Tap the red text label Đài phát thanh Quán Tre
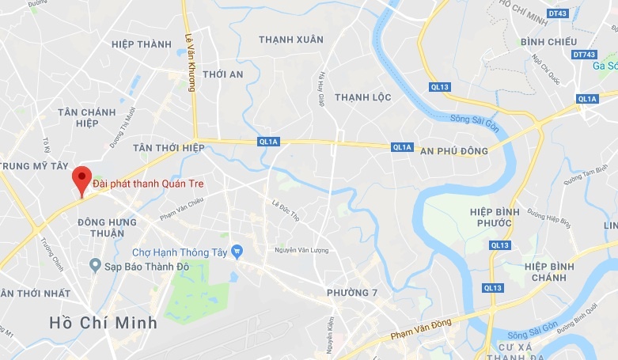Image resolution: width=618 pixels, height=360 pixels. (154, 184)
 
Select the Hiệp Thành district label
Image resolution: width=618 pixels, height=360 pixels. (142, 44)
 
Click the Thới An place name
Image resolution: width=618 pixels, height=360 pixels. (223, 74)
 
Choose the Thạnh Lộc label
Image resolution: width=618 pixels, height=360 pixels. (363, 97)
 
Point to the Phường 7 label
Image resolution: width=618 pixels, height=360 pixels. (352, 293)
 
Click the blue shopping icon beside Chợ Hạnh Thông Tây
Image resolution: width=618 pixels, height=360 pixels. (236, 252)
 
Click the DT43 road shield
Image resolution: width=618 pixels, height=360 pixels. (557, 13)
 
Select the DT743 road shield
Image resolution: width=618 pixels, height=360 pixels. (582, 54)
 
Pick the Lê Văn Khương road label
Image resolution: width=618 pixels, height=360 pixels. (190, 62)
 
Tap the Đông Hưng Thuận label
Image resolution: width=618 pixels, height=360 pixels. (101, 228)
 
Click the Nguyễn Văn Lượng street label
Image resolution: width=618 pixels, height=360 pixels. (301, 250)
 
